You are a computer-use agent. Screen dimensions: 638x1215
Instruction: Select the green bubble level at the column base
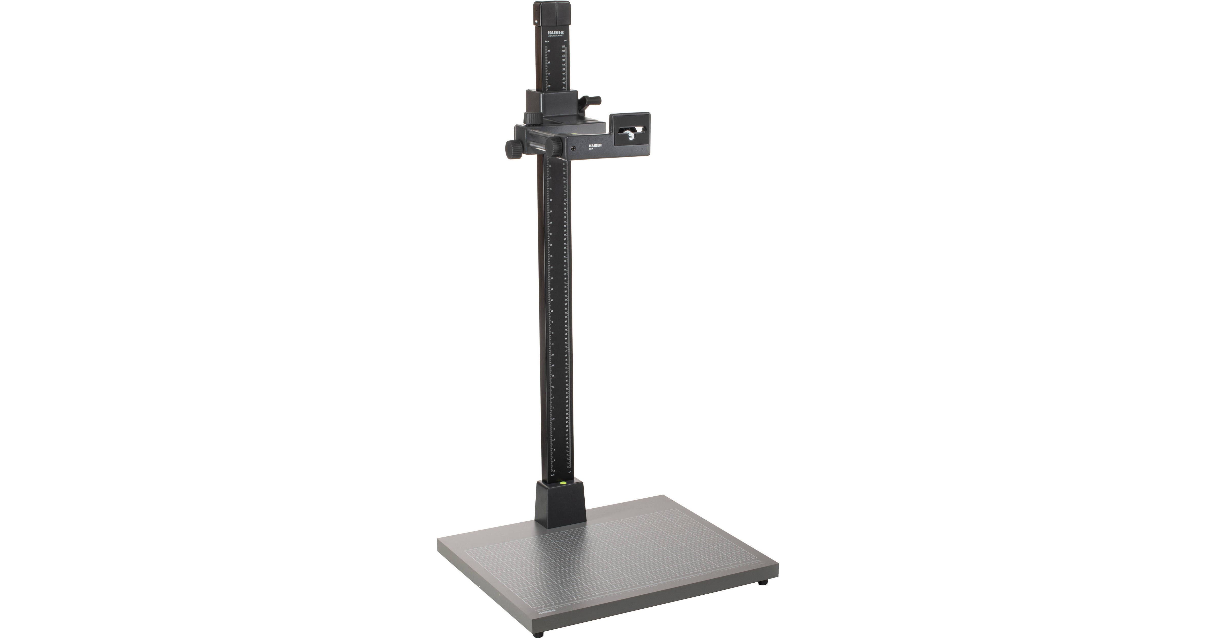(562, 483)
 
